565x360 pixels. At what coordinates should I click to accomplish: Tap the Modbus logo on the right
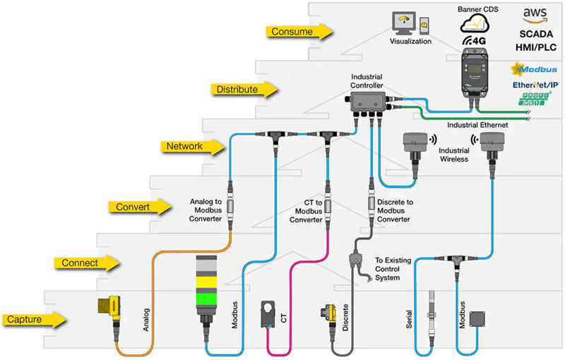point(537,69)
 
